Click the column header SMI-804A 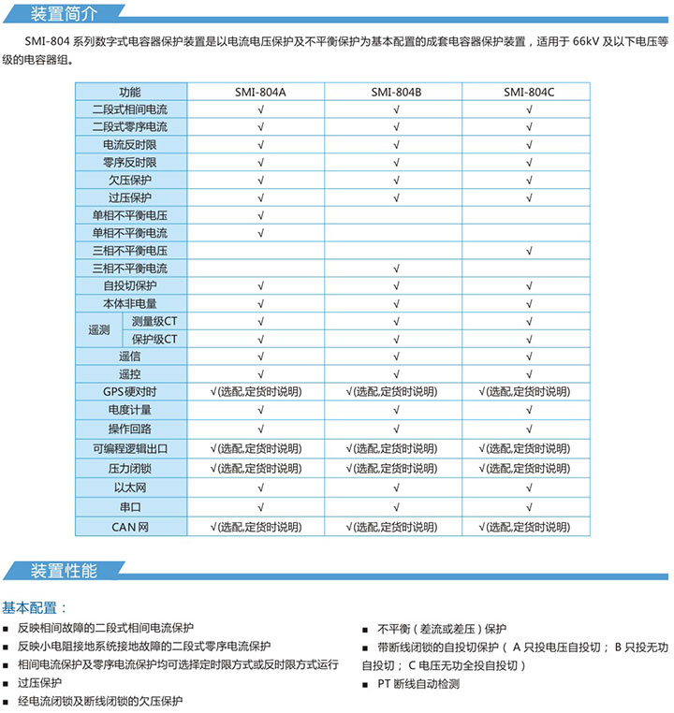[x=260, y=92]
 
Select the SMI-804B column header [x=396, y=92]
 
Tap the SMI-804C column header [x=529, y=92]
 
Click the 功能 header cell [x=130, y=92]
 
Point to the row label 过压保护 [x=130, y=197]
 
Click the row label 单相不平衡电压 [x=130, y=215]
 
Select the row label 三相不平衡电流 [x=130, y=269]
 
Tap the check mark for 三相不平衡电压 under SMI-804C [x=530, y=251]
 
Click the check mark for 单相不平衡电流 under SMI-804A [x=260, y=233]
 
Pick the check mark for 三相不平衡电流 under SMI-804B [x=396, y=269]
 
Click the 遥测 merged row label [x=98, y=330]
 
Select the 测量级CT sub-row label [x=154, y=321]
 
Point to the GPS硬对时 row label [x=130, y=392]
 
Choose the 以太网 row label [x=130, y=487]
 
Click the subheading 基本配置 [x=35, y=607]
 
